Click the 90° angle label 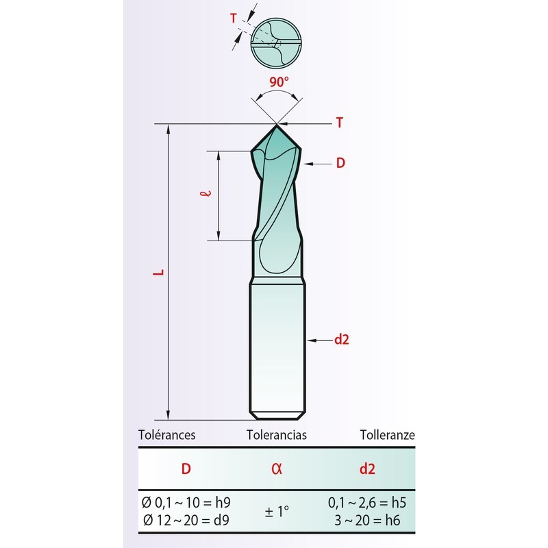pyautogui.click(x=279, y=82)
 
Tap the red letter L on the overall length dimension pyautogui.click(x=159, y=272)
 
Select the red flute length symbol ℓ pyautogui.click(x=206, y=193)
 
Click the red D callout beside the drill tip pyautogui.click(x=340, y=163)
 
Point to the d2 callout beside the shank pyautogui.click(x=341, y=339)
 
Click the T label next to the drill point pyautogui.click(x=339, y=123)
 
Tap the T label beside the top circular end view pyautogui.click(x=234, y=18)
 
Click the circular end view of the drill pyautogui.click(x=276, y=43)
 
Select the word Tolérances pyautogui.click(x=166, y=435)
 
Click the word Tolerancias pyautogui.click(x=277, y=435)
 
